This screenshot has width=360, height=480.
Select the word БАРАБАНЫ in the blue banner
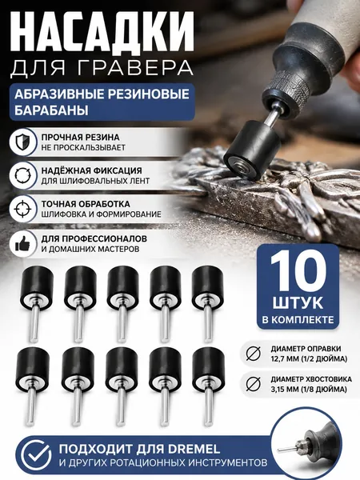[51, 110]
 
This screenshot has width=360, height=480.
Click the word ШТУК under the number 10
[298, 303]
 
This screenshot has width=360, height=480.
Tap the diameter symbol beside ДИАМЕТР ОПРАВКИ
[254, 354]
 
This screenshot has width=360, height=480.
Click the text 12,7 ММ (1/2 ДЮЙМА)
[309, 358]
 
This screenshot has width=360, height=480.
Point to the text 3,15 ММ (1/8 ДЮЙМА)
[309, 389]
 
